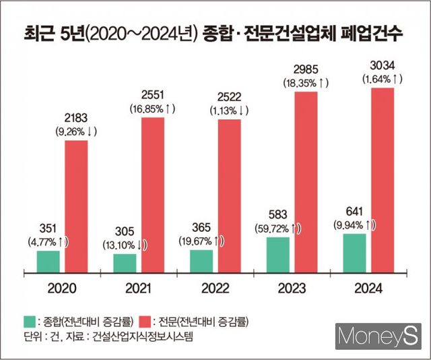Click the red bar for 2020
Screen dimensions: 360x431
(76, 205)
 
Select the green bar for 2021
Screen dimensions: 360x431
(125, 263)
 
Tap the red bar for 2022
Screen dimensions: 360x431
(229, 195)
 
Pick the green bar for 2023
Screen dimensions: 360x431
(277, 254)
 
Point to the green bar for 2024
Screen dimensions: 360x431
(354, 252)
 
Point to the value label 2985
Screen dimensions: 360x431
(305, 69)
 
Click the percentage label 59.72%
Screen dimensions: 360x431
(277, 229)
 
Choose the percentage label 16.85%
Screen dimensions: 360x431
(152, 109)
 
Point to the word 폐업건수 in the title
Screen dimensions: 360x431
(370, 33)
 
